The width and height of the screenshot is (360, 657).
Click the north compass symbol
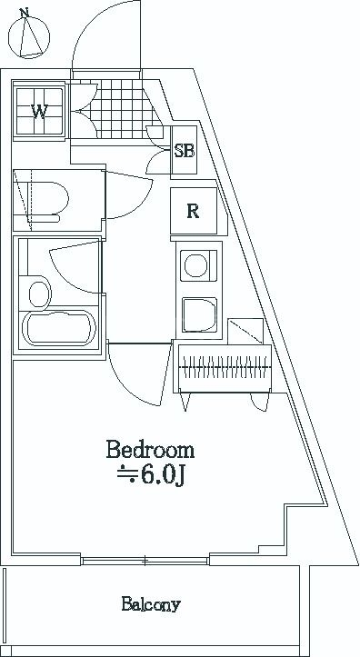(29, 36)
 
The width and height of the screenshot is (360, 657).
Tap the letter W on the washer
(39, 112)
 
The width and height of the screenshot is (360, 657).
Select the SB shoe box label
(185, 151)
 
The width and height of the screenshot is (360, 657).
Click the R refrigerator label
(193, 211)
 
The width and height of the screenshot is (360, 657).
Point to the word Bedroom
(150, 450)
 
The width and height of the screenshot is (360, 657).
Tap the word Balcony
(151, 604)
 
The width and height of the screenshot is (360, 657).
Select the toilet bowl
(47, 199)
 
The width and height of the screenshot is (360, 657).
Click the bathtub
(59, 328)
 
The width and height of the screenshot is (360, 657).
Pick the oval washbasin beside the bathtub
(39, 294)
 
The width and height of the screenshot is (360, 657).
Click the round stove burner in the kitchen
(195, 265)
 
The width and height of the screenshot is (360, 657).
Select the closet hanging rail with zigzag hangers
(225, 367)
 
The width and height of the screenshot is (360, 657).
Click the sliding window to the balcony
(145, 561)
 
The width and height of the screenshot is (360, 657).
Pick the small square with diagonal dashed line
(245, 332)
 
